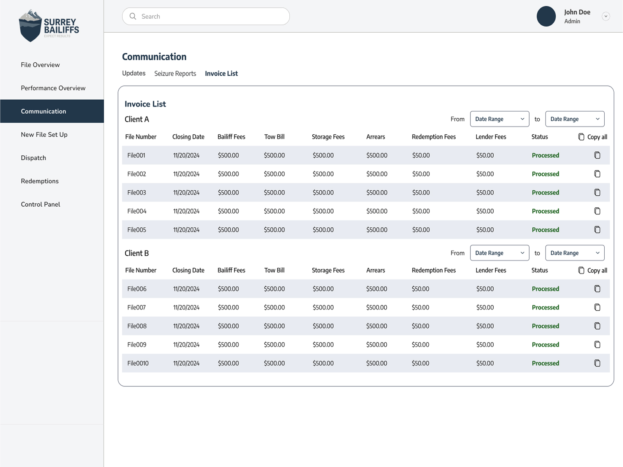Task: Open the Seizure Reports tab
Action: pos(175,74)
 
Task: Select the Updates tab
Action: pos(134,73)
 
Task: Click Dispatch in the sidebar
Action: pos(33,158)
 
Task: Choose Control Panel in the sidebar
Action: pos(40,204)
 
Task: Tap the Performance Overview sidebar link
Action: pos(53,88)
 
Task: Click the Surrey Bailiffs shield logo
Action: pos(30,26)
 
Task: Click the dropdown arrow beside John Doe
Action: pos(605,16)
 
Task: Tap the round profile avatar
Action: pos(546,16)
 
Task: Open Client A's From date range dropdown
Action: pos(500,119)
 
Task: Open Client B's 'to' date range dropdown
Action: pos(575,253)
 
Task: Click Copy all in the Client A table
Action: pos(593,137)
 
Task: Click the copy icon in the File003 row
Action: pos(597,193)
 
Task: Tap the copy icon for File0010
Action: pos(597,363)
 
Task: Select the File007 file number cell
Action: pos(137,307)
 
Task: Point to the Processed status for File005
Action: pos(545,230)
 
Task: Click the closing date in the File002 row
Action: pos(186,174)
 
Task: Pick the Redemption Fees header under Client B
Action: pos(433,270)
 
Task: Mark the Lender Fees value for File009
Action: pos(485,345)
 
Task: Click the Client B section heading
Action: pos(137,253)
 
